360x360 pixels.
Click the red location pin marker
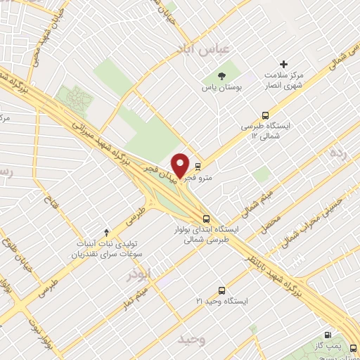coord(180,165)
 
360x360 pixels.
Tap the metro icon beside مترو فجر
coord(198,167)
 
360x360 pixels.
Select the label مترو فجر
coord(205,179)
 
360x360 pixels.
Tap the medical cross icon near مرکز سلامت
coord(284,64)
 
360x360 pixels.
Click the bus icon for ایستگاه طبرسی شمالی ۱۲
coord(265,115)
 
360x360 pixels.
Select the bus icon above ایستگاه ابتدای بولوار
coord(206,218)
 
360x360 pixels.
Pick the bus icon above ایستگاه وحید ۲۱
coord(221,290)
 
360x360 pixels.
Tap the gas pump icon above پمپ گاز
coord(327,335)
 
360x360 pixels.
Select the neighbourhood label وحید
coord(191,340)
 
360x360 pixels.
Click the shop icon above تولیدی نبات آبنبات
coord(107,232)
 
